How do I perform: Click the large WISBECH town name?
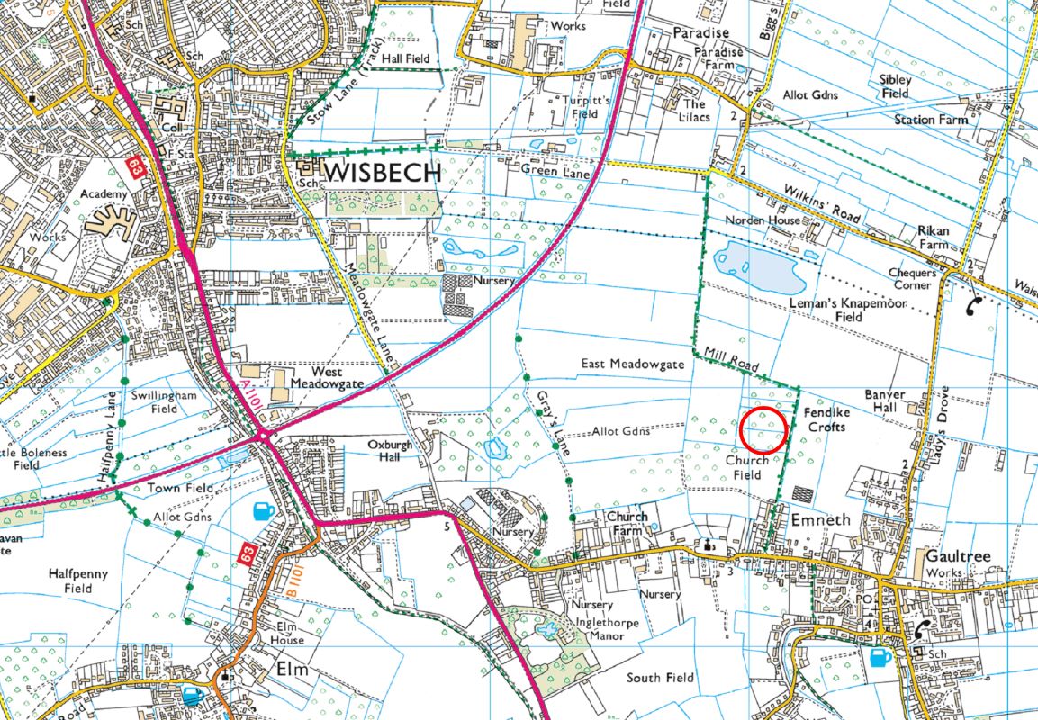click(x=385, y=173)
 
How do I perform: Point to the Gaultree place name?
click(x=957, y=556)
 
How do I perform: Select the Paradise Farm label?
click(x=718, y=59)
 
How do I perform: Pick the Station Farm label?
click(x=931, y=119)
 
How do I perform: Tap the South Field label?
click(x=661, y=677)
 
